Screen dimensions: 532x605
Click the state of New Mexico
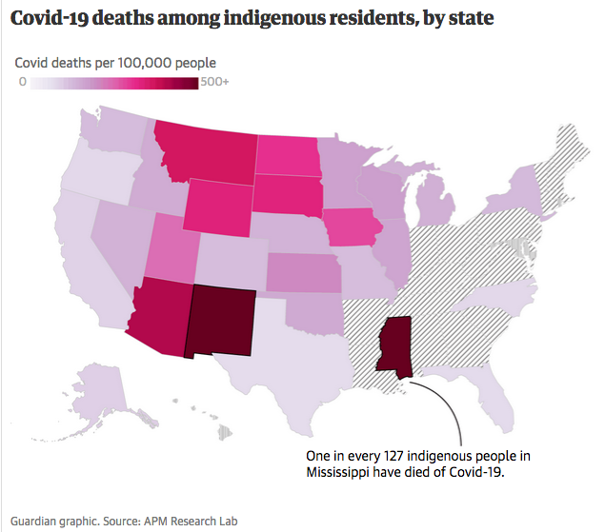223,322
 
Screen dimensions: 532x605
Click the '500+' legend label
214,83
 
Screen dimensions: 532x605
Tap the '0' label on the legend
22,83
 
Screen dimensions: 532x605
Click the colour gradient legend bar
113,83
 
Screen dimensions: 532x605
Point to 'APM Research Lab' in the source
191,521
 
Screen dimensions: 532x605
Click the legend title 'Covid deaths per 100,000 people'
114,63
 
